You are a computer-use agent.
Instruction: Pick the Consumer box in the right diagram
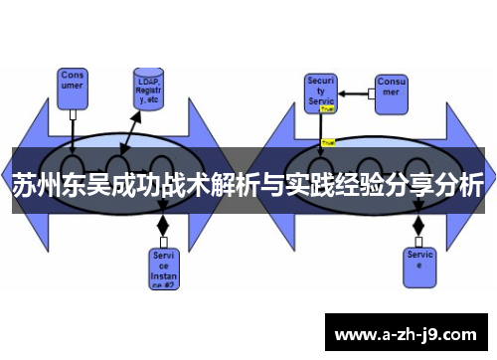pos(391,85)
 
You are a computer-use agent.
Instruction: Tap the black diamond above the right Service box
pos(418,226)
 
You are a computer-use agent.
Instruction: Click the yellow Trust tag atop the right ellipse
pos(328,142)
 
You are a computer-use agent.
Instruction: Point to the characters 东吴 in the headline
pos(87,186)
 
